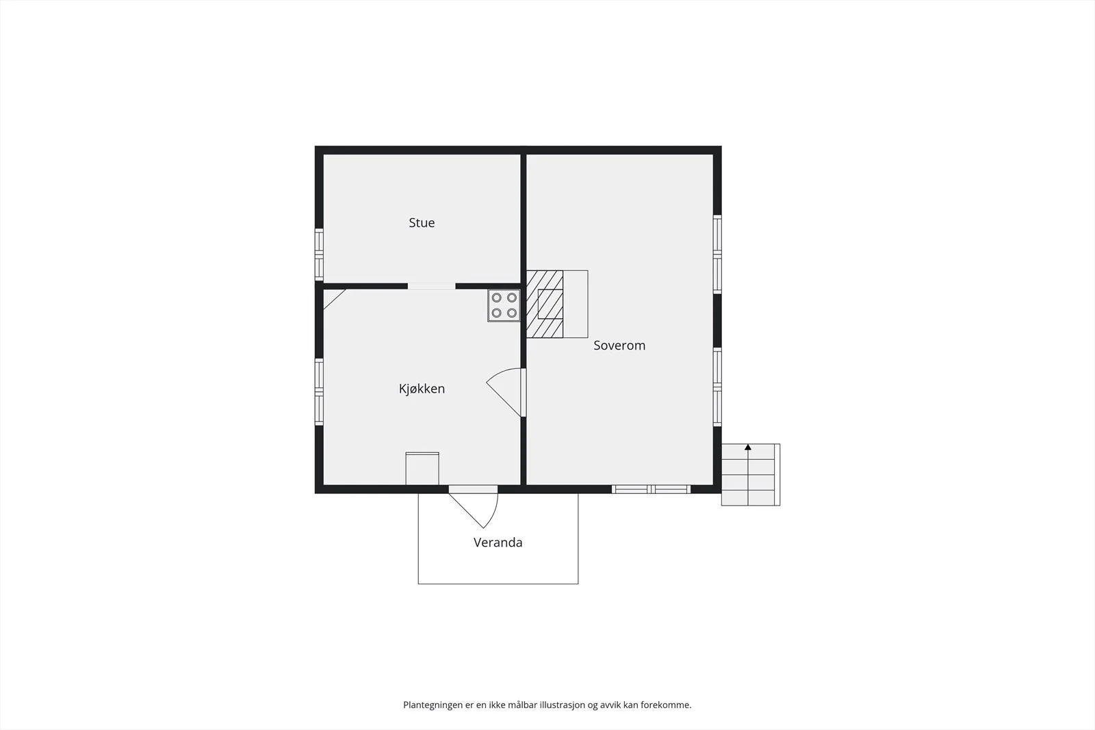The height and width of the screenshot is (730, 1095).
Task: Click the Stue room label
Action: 422,223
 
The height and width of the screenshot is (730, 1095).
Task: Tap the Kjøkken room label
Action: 422,389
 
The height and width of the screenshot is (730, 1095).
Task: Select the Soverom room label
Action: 619,346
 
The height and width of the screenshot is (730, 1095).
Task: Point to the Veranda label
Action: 498,543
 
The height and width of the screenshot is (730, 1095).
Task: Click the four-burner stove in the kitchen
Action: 504,305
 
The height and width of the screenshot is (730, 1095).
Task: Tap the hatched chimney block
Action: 545,304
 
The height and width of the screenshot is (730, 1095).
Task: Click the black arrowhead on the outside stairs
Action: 748,447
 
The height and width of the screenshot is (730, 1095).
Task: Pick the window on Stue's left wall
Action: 319,255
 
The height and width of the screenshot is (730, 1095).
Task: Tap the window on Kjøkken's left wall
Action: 319,392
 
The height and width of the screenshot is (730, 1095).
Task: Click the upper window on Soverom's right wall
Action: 717,254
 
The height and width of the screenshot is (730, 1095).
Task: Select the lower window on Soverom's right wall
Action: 717,387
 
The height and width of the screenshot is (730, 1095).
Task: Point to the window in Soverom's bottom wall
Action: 651,489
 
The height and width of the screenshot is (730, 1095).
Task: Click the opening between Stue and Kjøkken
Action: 432,286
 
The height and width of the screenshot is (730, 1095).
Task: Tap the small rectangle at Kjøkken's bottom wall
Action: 422,469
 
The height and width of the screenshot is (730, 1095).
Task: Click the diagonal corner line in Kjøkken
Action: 335,299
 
